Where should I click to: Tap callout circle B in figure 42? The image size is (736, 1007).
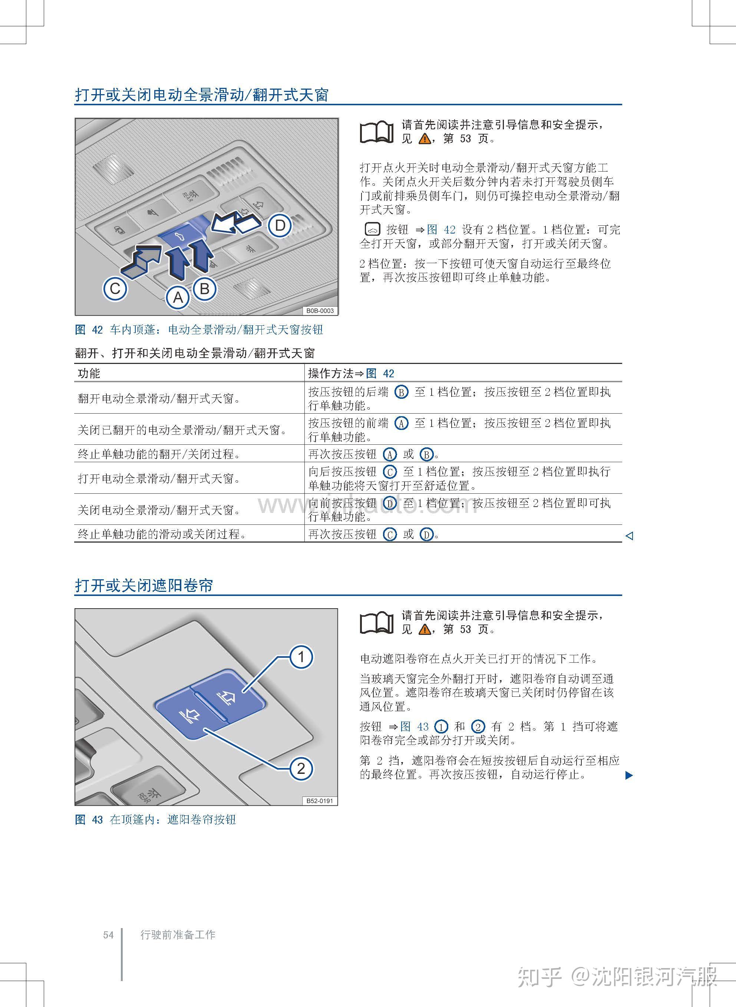[205, 289]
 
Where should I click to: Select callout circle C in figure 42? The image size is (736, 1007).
[115, 289]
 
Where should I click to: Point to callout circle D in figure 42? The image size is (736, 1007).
[280, 226]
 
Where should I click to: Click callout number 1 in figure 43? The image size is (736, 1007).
[301, 656]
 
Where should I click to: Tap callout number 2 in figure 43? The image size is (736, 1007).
[301, 768]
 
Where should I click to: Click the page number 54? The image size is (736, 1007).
[108, 935]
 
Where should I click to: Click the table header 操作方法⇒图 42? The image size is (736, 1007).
[351, 373]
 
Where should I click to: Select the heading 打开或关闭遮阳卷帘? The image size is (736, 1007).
[144, 585]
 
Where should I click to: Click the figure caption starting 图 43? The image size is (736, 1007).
[155, 819]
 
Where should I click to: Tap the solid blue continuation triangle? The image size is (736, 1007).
[629, 775]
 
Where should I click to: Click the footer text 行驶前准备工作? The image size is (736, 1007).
[178, 935]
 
